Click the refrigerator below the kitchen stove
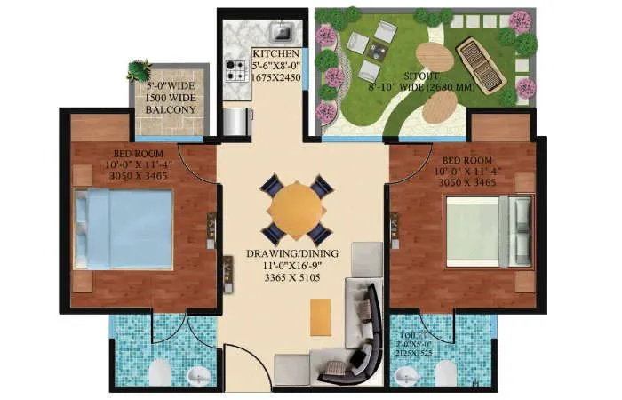click(235, 119)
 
